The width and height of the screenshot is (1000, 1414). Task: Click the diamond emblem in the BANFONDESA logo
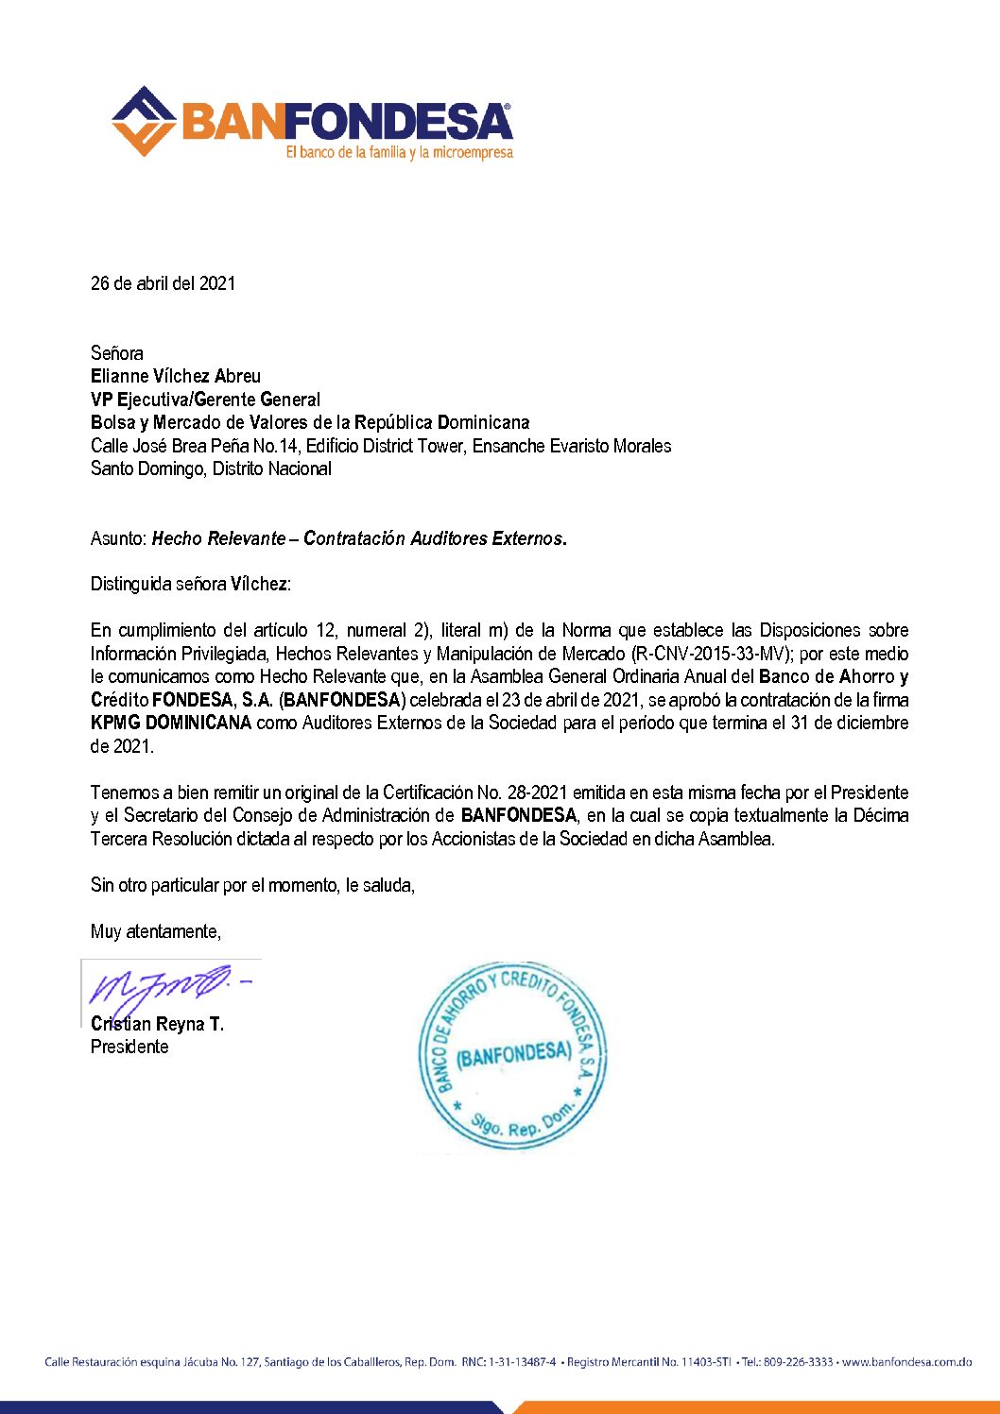point(144,121)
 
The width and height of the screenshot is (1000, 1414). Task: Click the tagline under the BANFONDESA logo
point(399,152)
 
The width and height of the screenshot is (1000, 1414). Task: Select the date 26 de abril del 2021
point(163,283)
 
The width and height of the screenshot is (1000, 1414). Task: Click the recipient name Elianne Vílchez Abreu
point(176,376)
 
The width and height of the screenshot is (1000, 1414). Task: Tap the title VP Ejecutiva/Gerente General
point(205,400)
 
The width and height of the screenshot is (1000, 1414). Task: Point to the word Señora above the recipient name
point(117,353)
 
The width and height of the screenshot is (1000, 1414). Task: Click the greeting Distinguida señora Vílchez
point(190,584)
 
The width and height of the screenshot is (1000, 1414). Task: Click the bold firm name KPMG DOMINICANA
point(171,723)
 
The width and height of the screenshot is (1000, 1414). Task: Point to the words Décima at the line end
point(880,815)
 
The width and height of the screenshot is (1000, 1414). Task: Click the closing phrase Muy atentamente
point(155,931)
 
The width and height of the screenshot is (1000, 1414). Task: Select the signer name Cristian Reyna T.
point(157,1024)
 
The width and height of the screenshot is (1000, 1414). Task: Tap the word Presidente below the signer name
point(129,1047)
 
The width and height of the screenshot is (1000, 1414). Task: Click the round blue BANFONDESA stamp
point(513,1056)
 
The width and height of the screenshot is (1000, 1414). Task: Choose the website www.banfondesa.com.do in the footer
point(906,1362)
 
